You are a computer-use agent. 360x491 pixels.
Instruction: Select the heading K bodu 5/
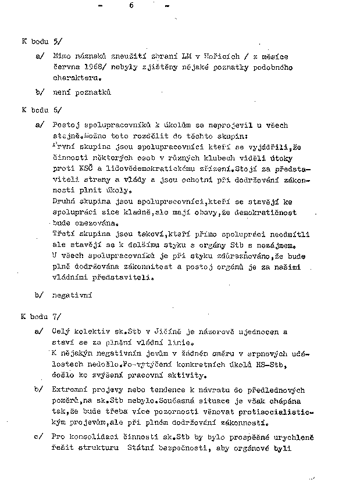click(x=38, y=42)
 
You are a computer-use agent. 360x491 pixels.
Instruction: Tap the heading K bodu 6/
click(x=38, y=109)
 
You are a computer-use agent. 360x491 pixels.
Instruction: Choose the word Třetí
click(x=65, y=233)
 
